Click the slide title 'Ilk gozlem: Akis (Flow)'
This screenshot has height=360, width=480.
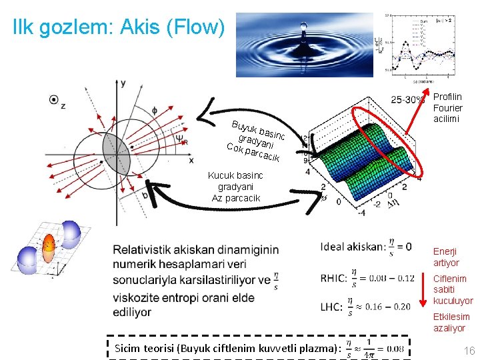[119, 27]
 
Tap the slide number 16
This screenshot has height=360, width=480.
[469, 351]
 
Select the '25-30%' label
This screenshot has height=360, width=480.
[407, 100]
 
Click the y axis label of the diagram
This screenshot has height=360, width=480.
[123, 83]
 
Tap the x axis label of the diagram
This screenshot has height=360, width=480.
[191, 161]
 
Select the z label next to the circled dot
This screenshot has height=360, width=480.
[63, 105]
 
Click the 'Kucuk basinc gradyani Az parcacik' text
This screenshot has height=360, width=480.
[235, 187]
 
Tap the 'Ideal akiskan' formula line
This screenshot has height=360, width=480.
[365, 246]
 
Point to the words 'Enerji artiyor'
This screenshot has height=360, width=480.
[446, 257]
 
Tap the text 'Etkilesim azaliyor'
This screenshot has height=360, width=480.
[451, 322]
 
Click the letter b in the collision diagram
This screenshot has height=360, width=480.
[145, 195]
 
